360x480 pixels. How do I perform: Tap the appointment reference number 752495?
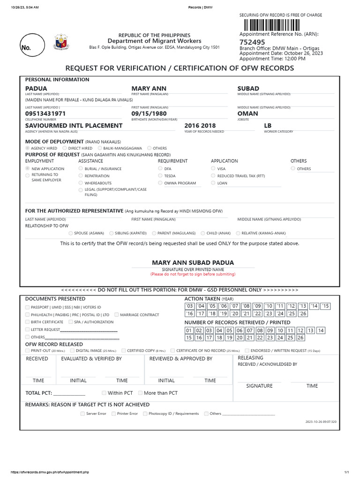252,42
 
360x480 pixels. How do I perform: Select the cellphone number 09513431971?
45,113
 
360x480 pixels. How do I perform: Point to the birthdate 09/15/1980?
150,113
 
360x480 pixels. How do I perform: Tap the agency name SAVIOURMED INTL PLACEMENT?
74,126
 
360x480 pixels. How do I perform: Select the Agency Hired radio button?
28,148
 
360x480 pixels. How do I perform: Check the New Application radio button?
28,168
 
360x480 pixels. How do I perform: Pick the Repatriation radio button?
81,176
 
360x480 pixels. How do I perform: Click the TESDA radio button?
160,176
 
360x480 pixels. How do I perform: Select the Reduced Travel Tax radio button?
213,176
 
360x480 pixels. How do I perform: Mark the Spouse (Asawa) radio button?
71,233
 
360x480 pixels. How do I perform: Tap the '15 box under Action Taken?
326,306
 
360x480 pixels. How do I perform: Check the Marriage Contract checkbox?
116,315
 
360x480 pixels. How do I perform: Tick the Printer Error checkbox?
113,413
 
